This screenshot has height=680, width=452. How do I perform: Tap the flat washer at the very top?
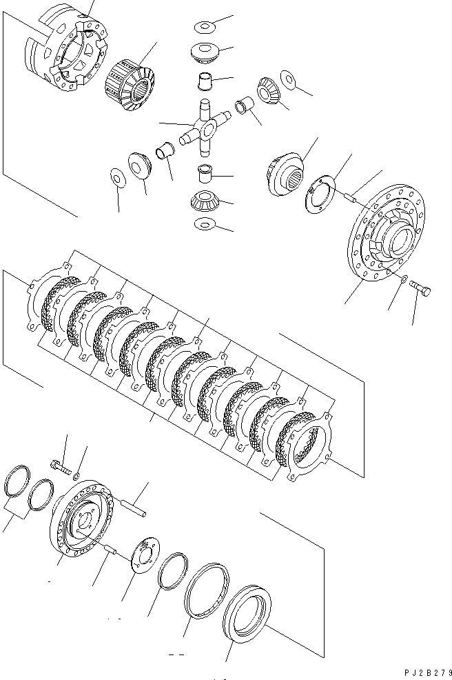point(205,26)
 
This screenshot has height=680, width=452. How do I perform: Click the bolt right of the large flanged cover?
point(422,292)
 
